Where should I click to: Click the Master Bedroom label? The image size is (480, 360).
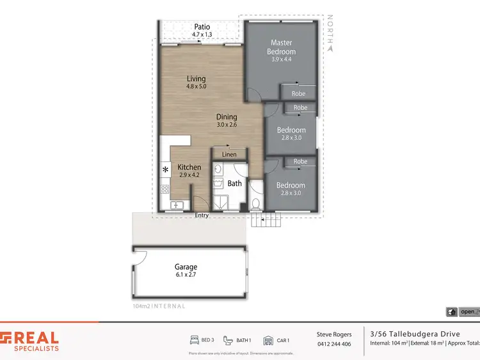282,47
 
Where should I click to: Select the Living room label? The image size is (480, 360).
196,79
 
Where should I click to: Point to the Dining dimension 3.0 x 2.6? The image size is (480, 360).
227,125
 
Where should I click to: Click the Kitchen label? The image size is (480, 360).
189,167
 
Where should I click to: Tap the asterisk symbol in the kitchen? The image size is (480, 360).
166,169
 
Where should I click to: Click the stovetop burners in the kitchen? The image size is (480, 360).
165,189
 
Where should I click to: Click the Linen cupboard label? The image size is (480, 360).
229,154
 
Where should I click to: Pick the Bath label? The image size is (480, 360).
235,184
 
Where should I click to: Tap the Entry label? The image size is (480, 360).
202,215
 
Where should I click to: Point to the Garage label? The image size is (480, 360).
186,267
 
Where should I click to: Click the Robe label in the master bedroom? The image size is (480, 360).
298,93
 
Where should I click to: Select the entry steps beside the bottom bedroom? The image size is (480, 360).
266,221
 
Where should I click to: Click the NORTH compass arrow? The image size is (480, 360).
330,45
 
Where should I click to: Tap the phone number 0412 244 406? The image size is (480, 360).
334,344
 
